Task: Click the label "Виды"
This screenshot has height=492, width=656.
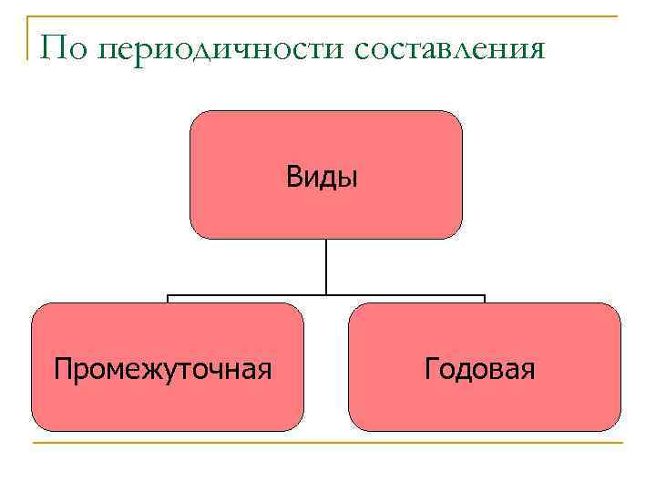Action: (323, 176)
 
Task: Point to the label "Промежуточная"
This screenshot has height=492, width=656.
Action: (163, 369)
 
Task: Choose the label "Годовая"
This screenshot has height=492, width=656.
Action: (479, 369)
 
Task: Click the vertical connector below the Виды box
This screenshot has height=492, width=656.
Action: (326, 266)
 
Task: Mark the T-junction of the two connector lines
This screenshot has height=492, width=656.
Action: (326, 295)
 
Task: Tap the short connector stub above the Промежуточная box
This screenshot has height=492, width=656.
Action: (168, 299)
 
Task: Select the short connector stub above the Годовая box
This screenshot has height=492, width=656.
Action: (485, 299)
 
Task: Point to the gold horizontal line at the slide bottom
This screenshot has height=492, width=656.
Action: (328, 444)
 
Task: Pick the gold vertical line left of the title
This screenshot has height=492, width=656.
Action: (29, 36)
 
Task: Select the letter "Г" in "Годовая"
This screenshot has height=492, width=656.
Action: (431, 369)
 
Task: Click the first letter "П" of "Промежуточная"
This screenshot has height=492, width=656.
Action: (62, 369)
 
